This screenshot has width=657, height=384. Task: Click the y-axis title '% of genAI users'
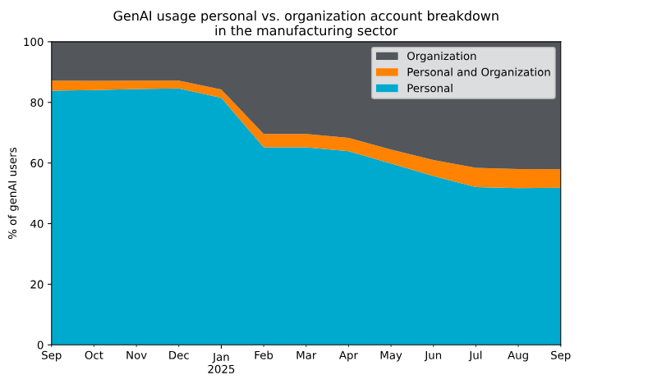coord(13,193)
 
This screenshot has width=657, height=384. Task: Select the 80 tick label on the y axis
coord(36,103)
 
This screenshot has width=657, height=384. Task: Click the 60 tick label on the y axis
coord(36,163)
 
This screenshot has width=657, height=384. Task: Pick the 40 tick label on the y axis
coord(36,224)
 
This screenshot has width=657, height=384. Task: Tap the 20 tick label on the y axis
coord(36,285)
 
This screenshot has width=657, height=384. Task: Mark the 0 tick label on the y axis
coord(39,345)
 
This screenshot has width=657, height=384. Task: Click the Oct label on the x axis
coord(94,356)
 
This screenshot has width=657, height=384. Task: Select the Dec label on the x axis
coord(178,356)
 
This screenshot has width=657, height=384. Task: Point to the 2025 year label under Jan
coord(221,369)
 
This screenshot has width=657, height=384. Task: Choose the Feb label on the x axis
coord(264,356)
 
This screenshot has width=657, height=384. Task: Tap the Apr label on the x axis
coord(348,356)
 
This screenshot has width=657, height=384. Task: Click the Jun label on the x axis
coord(433,356)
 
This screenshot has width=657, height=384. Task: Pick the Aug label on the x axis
coord(518,356)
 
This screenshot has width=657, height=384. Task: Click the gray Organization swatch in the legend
coord(387,57)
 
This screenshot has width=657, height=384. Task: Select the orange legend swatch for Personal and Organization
coord(387,72)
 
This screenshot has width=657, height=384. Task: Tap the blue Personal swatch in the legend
coord(387,88)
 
